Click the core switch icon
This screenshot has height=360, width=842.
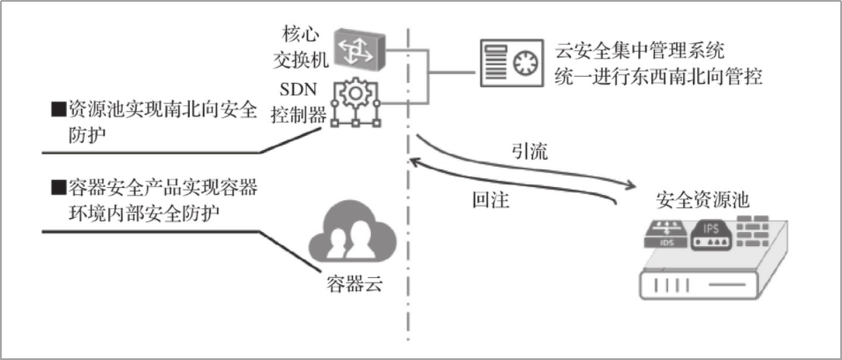357,50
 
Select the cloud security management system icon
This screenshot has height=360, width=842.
511,63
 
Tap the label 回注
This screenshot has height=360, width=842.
491,199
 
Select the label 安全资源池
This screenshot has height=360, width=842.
703,199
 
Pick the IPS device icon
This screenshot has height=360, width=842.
712,235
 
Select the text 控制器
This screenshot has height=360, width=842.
297,115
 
